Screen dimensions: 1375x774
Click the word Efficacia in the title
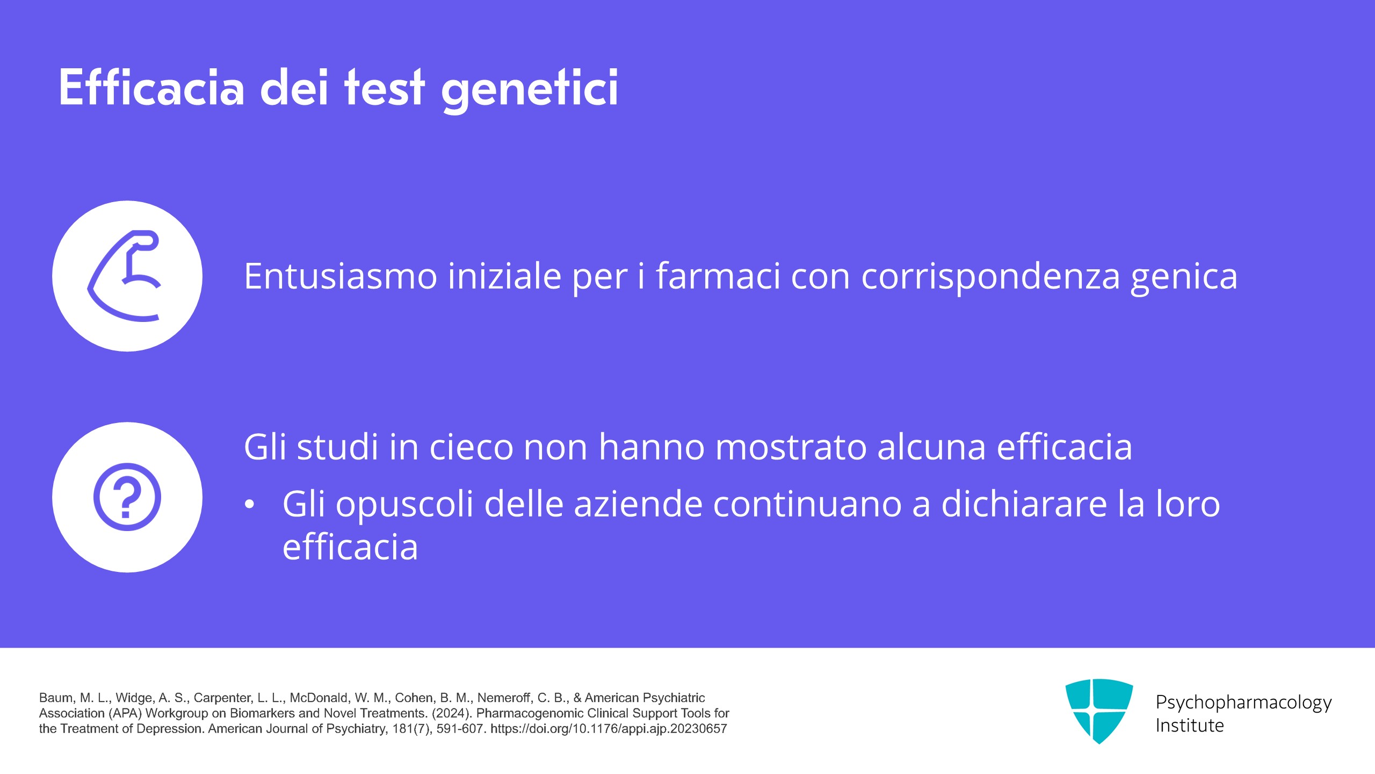click(x=151, y=87)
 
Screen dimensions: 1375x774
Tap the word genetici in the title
click(x=530, y=90)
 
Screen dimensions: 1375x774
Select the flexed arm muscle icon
click(x=125, y=276)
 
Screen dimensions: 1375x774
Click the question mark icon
click(x=127, y=497)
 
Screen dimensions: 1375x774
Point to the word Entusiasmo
click(x=341, y=276)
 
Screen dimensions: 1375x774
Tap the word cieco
click(x=471, y=447)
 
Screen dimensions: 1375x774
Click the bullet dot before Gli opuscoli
click(x=249, y=505)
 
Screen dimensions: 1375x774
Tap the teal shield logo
click(x=1099, y=711)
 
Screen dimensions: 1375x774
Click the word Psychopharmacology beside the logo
click(x=1243, y=703)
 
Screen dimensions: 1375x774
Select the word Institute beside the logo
click(x=1189, y=726)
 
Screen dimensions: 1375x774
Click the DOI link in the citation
click(x=609, y=729)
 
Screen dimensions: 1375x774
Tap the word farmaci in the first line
click(x=718, y=276)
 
